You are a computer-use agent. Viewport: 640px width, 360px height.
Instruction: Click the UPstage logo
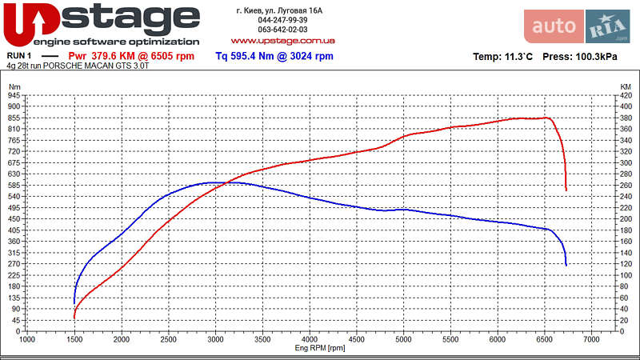point(102,24)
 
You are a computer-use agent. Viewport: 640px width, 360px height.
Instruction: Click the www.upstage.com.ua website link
point(282,39)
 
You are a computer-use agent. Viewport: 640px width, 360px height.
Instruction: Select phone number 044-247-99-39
point(282,20)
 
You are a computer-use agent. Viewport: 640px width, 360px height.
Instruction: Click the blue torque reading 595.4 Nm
point(274,56)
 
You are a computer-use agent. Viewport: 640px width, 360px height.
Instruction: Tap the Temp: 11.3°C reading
point(503,58)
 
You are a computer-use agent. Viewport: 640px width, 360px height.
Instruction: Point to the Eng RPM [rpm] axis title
point(320,348)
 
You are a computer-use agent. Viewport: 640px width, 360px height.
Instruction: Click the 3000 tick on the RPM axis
point(215,340)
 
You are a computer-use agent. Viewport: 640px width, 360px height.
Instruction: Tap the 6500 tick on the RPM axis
point(545,340)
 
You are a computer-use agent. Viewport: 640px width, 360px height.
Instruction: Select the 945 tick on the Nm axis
point(14,95)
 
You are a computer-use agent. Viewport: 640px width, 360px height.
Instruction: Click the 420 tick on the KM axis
point(626,95)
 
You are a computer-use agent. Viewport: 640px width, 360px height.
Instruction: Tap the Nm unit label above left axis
point(14,86)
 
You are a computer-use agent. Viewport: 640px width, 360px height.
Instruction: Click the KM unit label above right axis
point(625,86)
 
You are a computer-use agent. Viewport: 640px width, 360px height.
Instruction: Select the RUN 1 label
point(19,56)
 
